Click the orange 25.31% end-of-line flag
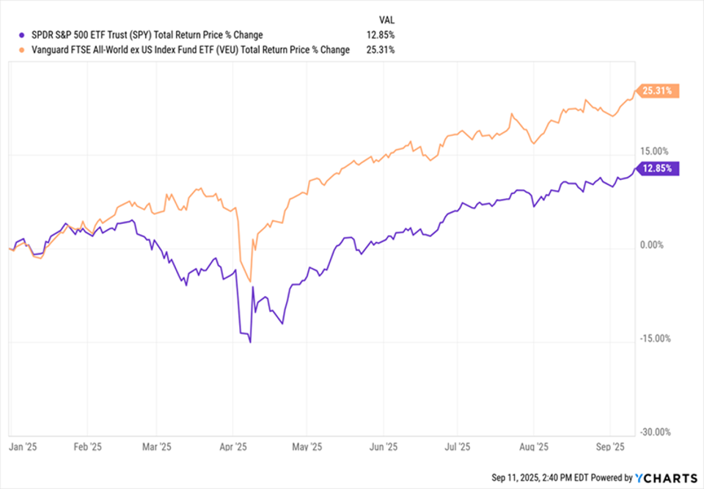pyautogui.click(x=659, y=91)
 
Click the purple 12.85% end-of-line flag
pyautogui.click(x=659, y=168)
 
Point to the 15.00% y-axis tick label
pyautogui.click(x=654, y=151)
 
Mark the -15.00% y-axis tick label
pyautogui.click(x=653, y=338)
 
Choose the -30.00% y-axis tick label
pyautogui.click(x=653, y=432)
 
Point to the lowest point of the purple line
pyautogui.click(x=250, y=342)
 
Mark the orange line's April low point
pyautogui.click(x=251, y=281)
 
